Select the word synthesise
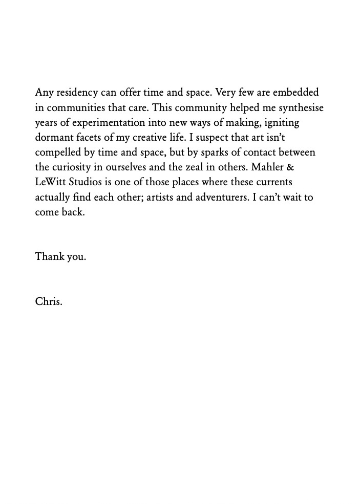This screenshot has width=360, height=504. click(298, 108)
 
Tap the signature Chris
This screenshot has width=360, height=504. click(48, 301)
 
